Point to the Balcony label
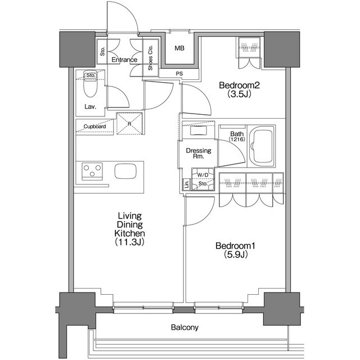[184, 327]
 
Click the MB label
[179, 48]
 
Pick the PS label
[179, 74]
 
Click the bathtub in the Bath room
[262, 146]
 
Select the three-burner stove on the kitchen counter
[92, 171]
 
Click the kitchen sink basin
[125, 171]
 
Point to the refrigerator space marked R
[129, 124]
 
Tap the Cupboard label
[94, 127]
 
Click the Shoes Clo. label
[150, 57]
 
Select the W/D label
[202, 175]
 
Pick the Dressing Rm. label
[199, 154]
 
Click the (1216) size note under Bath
[237, 139]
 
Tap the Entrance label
[124, 60]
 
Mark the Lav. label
[90, 106]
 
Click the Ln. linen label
[187, 184]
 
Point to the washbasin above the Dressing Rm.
[199, 130]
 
